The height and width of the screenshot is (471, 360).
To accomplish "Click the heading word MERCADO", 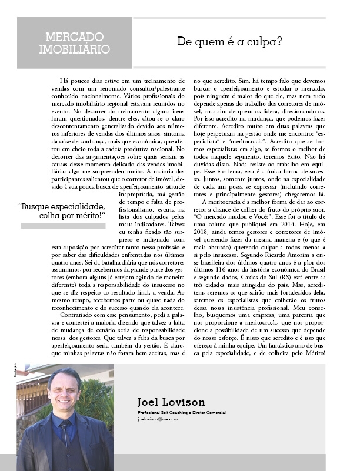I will point(74,37).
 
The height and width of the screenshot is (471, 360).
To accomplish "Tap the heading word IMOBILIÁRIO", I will point(74,49).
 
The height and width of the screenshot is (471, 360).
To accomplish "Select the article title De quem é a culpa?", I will point(229,42).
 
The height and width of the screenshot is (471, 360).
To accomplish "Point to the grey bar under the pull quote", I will point(63,226).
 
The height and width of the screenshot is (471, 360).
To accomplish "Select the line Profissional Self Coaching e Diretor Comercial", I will point(181,413).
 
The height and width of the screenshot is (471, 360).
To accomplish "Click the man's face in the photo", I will point(64,393).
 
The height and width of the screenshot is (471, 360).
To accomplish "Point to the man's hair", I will point(64,376).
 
